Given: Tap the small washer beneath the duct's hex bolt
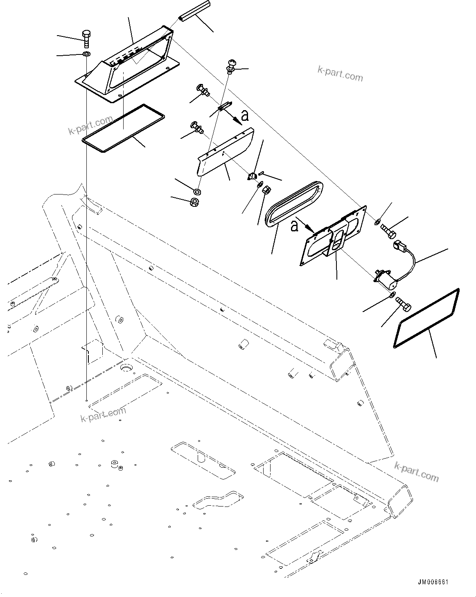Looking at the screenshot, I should (x=86, y=54).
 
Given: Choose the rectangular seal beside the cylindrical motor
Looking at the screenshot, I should (x=426, y=318).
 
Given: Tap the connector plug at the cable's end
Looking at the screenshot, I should (x=399, y=247).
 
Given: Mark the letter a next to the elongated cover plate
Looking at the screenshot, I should (x=245, y=116).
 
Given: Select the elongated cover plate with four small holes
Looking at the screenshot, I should (x=225, y=152).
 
